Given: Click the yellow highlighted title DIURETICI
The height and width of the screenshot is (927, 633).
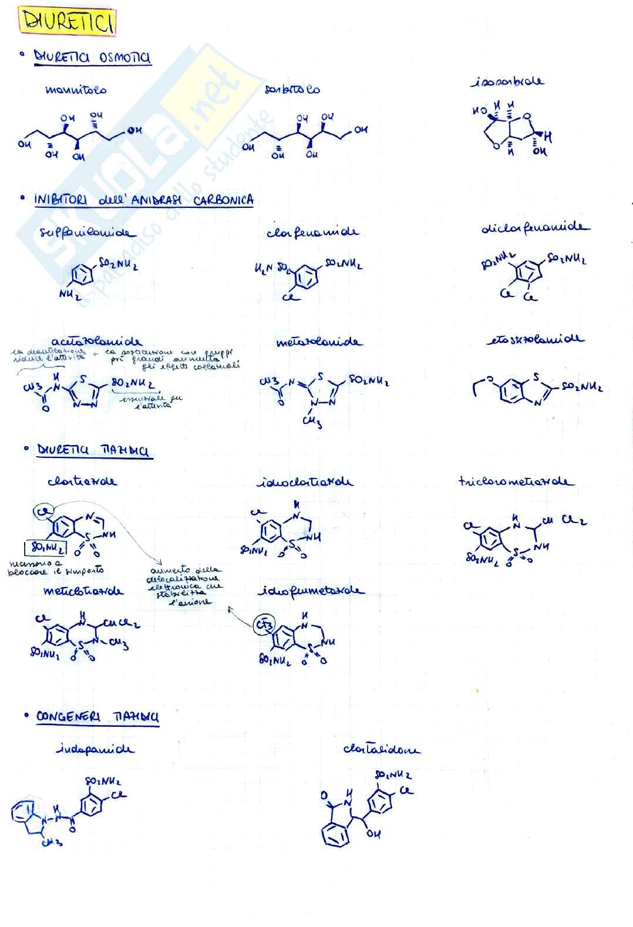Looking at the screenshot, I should click(68, 22).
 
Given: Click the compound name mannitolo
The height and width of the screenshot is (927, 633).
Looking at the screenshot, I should click(76, 90).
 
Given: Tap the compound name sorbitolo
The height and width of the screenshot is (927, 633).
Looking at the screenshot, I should click(292, 89).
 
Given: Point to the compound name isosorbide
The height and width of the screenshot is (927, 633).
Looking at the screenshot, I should click(507, 82).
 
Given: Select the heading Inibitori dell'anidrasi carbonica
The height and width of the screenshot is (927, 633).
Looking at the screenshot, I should click(144, 200).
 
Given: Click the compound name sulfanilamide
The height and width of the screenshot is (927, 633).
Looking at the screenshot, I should click(86, 232).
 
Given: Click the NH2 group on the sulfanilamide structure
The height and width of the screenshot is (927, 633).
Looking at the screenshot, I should click(69, 294).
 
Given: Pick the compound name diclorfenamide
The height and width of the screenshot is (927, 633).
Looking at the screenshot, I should click(534, 227).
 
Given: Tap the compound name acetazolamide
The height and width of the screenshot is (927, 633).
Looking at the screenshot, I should click(96, 341).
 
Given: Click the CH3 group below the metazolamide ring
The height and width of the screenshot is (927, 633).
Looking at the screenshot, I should click(311, 421).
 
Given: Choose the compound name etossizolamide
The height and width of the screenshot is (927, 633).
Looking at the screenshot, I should click(535, 339).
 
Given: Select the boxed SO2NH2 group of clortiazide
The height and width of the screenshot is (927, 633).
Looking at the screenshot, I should click(45, 548).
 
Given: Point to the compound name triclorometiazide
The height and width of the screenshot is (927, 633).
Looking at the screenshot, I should click(516, 481).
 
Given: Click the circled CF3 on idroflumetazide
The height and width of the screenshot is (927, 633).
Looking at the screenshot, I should click(264, 625).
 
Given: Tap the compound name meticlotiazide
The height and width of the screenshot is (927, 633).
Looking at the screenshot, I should click(83, 591).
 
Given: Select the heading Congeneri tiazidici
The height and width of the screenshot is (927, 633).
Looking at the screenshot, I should click(97, 717).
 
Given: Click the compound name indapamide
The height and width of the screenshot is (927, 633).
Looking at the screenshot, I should click(95, 749).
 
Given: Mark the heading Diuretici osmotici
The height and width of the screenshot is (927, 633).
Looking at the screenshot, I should click(92, 57).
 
